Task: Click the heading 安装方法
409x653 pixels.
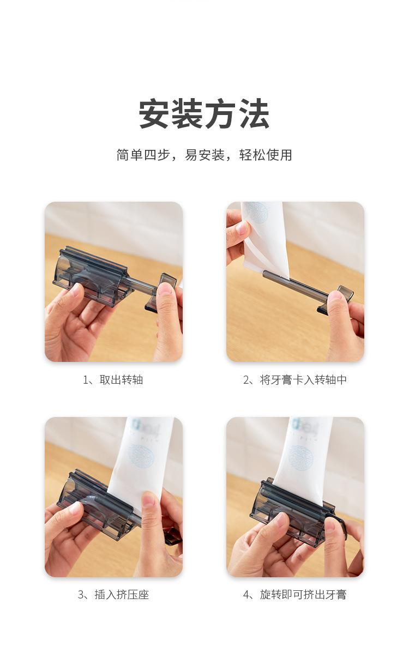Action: point(204,114)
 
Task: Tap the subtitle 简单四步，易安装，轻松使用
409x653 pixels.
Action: point(204,155)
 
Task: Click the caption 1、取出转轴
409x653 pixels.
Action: point(113,380)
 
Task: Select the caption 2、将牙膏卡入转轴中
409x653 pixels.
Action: point(295,380)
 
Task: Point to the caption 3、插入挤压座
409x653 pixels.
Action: point(113,595)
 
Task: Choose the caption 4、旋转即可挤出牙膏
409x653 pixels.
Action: point(295,595)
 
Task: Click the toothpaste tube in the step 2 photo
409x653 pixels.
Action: point(265,239)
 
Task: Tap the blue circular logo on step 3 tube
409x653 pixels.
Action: point(141,455)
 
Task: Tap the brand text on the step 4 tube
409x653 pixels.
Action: point(305,426)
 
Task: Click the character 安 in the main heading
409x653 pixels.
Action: point(154,114)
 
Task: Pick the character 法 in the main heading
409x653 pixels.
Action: point(255,114)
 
